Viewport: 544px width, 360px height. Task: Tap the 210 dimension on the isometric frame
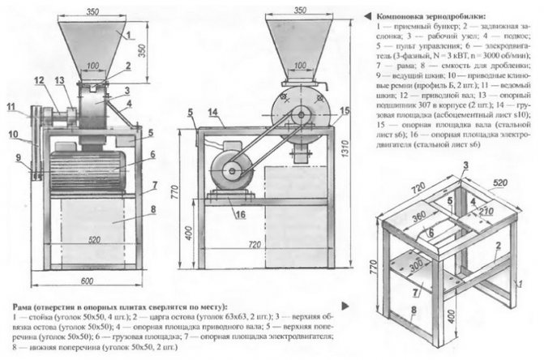[x=486, y=212]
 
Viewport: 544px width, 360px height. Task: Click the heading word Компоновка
[x=401, y=14]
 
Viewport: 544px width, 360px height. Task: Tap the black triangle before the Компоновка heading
[x=370, y=14]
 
